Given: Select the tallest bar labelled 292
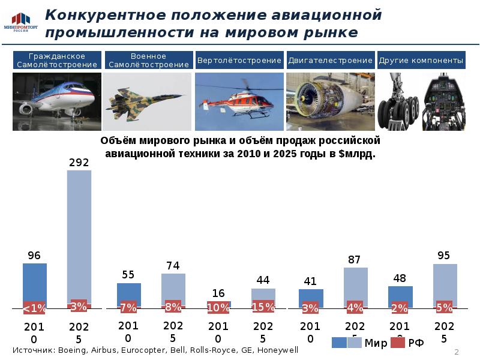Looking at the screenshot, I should [79, 234].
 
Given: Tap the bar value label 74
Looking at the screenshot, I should [173, 265].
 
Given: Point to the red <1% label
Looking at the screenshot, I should [35, 308].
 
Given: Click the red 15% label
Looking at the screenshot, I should [263, 307].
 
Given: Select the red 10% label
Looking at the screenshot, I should [218, 307].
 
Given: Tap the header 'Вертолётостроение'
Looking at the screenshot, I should [239, 61].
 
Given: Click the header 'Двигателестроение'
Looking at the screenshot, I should [330, 61].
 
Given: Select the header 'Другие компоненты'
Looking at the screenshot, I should [421, 61].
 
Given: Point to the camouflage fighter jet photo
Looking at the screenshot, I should [148, 101].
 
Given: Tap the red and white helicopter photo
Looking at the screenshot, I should [239, 101].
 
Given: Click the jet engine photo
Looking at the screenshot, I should [330, 101].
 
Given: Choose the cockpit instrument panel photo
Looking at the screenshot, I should [443, 101].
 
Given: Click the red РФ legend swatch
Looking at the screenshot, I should [398, 343].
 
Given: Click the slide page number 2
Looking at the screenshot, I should [457, 352].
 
